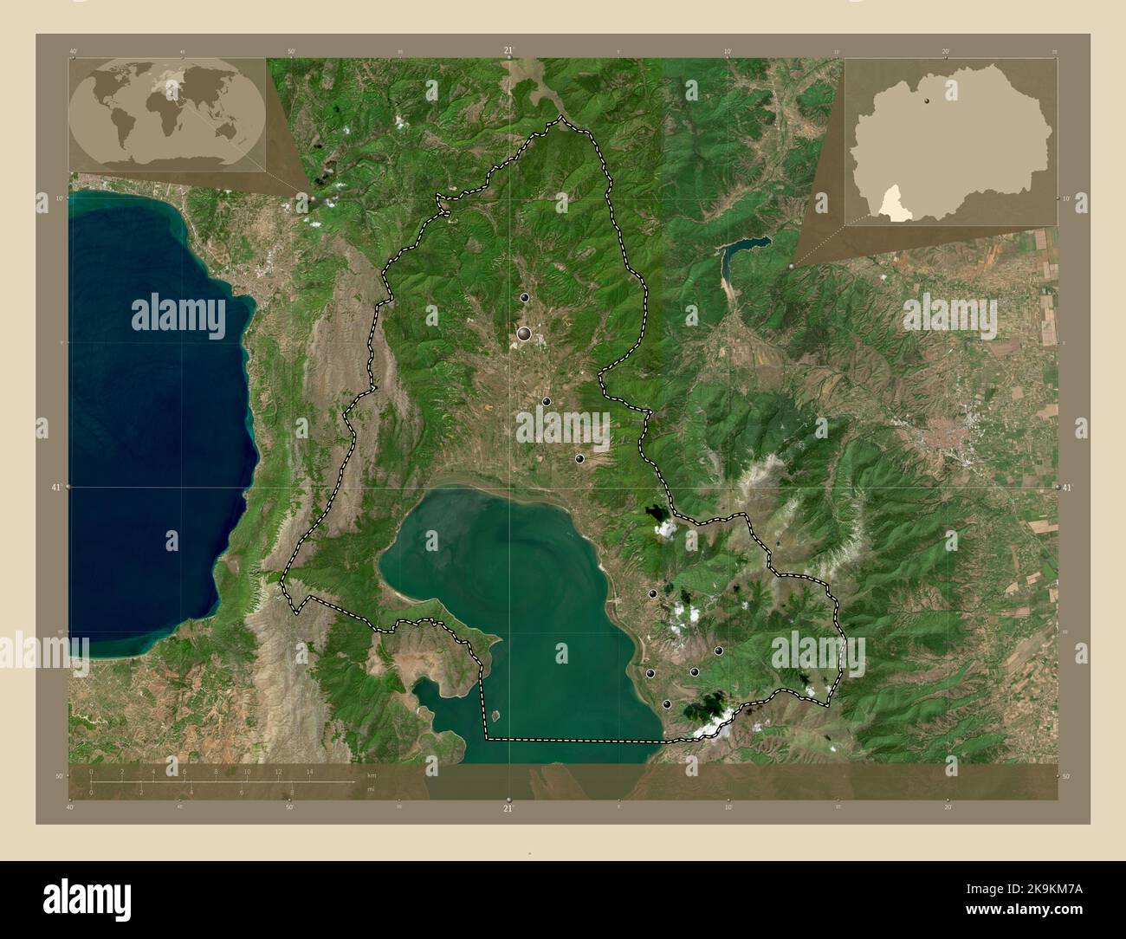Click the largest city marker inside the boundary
coord(524,333)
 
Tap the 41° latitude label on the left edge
coord(55,488)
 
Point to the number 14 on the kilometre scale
coord(309,770)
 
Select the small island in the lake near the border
coord(495,716)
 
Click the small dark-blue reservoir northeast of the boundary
coord(745,248)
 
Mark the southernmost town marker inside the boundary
coord(666,704)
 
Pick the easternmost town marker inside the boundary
coord(718,651)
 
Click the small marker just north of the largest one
coord(524,297)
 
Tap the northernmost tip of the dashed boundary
coord(561,117)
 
